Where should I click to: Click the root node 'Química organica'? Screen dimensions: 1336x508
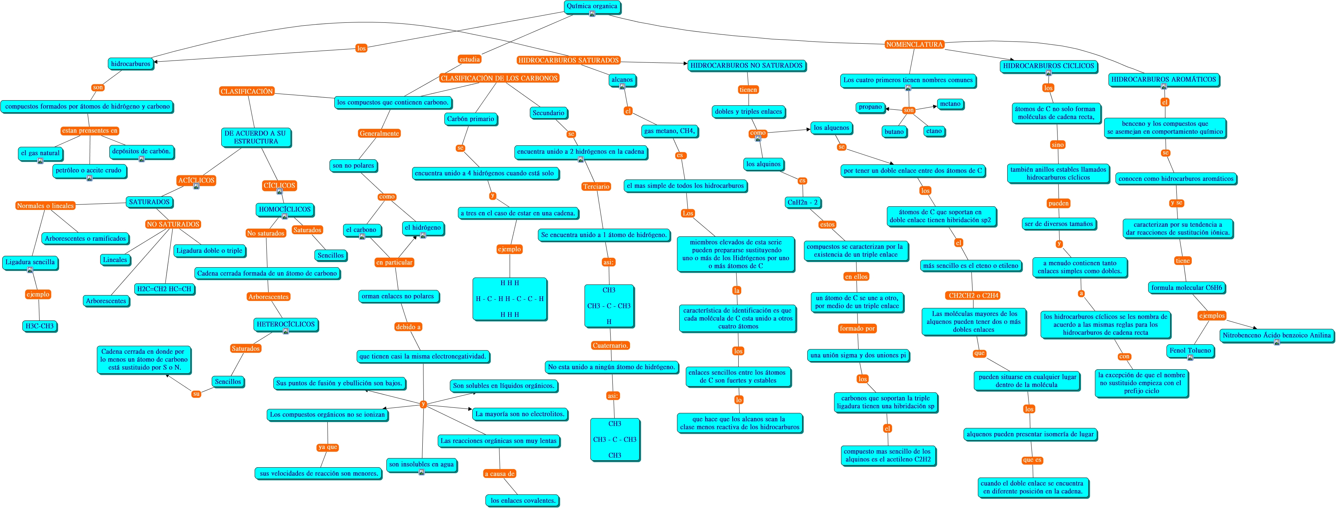tap(592, 7)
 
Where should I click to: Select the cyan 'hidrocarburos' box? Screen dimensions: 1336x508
tap(131, 64)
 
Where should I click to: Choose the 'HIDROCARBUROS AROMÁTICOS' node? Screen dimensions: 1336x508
tap(1163, 79)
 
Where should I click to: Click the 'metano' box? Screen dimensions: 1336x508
tap(950, 104)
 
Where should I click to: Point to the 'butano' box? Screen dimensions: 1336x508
tap(893, 131)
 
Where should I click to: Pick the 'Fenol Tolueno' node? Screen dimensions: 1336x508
tap(1190, 350)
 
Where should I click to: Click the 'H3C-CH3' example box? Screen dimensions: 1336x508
tap(39, 326)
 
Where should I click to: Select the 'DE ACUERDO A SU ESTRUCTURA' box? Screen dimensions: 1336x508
tap(255, 137)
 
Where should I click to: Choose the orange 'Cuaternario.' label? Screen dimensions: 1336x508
tap(611, 345)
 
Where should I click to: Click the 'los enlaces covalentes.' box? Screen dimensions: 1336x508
tap(523, 500)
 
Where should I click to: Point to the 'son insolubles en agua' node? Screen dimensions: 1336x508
tap(421, 464)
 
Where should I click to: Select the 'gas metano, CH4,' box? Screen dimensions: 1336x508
tap(669, 131)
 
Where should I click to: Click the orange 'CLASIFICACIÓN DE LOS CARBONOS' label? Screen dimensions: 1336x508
tap(499, 78)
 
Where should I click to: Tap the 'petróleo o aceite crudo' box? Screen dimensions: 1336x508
tap(89, 170)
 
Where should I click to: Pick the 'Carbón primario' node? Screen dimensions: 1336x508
tap(470, 119)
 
